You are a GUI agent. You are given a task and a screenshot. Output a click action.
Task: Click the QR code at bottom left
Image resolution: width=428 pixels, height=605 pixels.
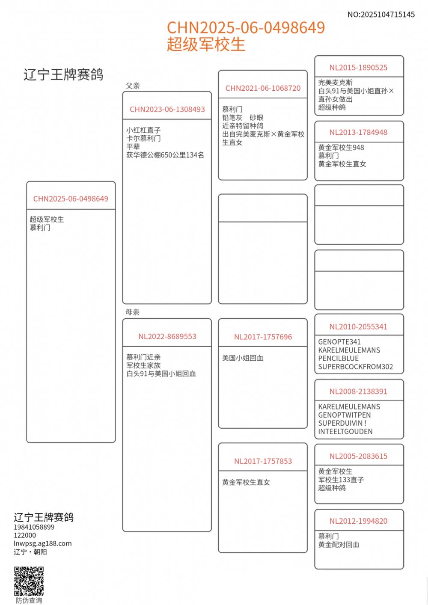29,581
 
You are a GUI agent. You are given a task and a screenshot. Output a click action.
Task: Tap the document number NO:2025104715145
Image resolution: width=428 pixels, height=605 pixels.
381,15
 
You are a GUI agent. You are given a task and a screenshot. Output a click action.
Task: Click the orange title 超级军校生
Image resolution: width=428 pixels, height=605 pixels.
206,44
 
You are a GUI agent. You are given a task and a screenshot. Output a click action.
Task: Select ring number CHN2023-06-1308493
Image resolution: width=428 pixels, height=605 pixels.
167,109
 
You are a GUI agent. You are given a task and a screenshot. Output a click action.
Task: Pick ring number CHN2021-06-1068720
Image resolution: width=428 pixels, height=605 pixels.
263,88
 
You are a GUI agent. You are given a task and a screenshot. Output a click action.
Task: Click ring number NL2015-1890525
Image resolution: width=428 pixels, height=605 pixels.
358,68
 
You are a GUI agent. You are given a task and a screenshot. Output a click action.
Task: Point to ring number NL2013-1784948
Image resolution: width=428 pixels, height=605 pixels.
358,132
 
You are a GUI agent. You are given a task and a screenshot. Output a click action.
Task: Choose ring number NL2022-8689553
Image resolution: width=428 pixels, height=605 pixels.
167,336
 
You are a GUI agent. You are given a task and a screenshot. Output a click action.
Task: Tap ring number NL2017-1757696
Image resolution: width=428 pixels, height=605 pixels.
263,337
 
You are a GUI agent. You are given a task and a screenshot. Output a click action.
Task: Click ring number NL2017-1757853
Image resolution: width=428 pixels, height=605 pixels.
263,461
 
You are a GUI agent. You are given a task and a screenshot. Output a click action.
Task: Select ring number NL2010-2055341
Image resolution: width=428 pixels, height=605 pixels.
358,326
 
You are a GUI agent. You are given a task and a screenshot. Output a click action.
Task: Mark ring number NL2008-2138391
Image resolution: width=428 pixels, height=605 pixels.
358,391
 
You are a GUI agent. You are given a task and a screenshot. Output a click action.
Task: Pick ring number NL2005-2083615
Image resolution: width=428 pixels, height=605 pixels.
358,456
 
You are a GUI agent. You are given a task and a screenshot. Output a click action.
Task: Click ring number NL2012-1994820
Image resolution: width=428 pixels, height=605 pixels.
358,521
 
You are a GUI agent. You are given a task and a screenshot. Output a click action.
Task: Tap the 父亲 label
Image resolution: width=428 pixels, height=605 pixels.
133,86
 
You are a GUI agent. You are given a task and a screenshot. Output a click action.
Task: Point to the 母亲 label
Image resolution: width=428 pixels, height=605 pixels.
133,312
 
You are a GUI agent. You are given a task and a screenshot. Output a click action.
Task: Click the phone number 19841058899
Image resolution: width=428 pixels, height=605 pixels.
34,527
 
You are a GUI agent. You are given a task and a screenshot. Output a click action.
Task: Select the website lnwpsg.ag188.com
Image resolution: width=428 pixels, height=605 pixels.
43,543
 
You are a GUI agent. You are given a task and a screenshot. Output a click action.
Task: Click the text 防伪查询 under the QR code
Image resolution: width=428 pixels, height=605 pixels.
29,600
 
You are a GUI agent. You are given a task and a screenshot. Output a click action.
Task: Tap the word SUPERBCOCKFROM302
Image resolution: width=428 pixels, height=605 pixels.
355,367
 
